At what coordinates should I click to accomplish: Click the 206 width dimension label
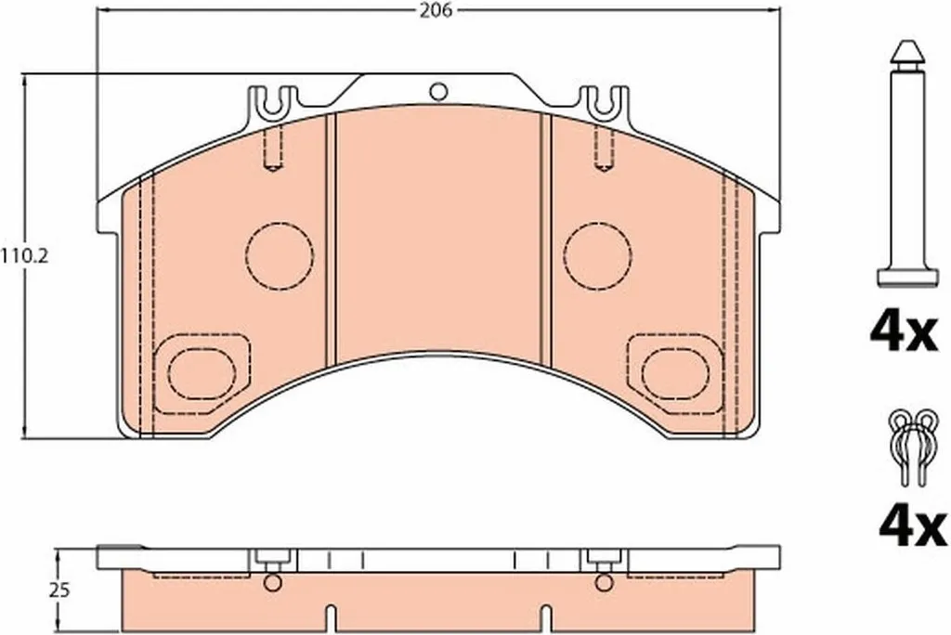pos(436,11)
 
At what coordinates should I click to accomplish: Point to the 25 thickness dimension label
pos(59,590)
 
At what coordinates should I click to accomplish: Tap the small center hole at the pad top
pos(438,92)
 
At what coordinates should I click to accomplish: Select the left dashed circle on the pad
pos(280,255)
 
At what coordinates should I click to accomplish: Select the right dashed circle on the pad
pos(597,255)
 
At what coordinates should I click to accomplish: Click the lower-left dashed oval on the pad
pos(202,373)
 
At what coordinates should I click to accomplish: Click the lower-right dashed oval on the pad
pos(675,373)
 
